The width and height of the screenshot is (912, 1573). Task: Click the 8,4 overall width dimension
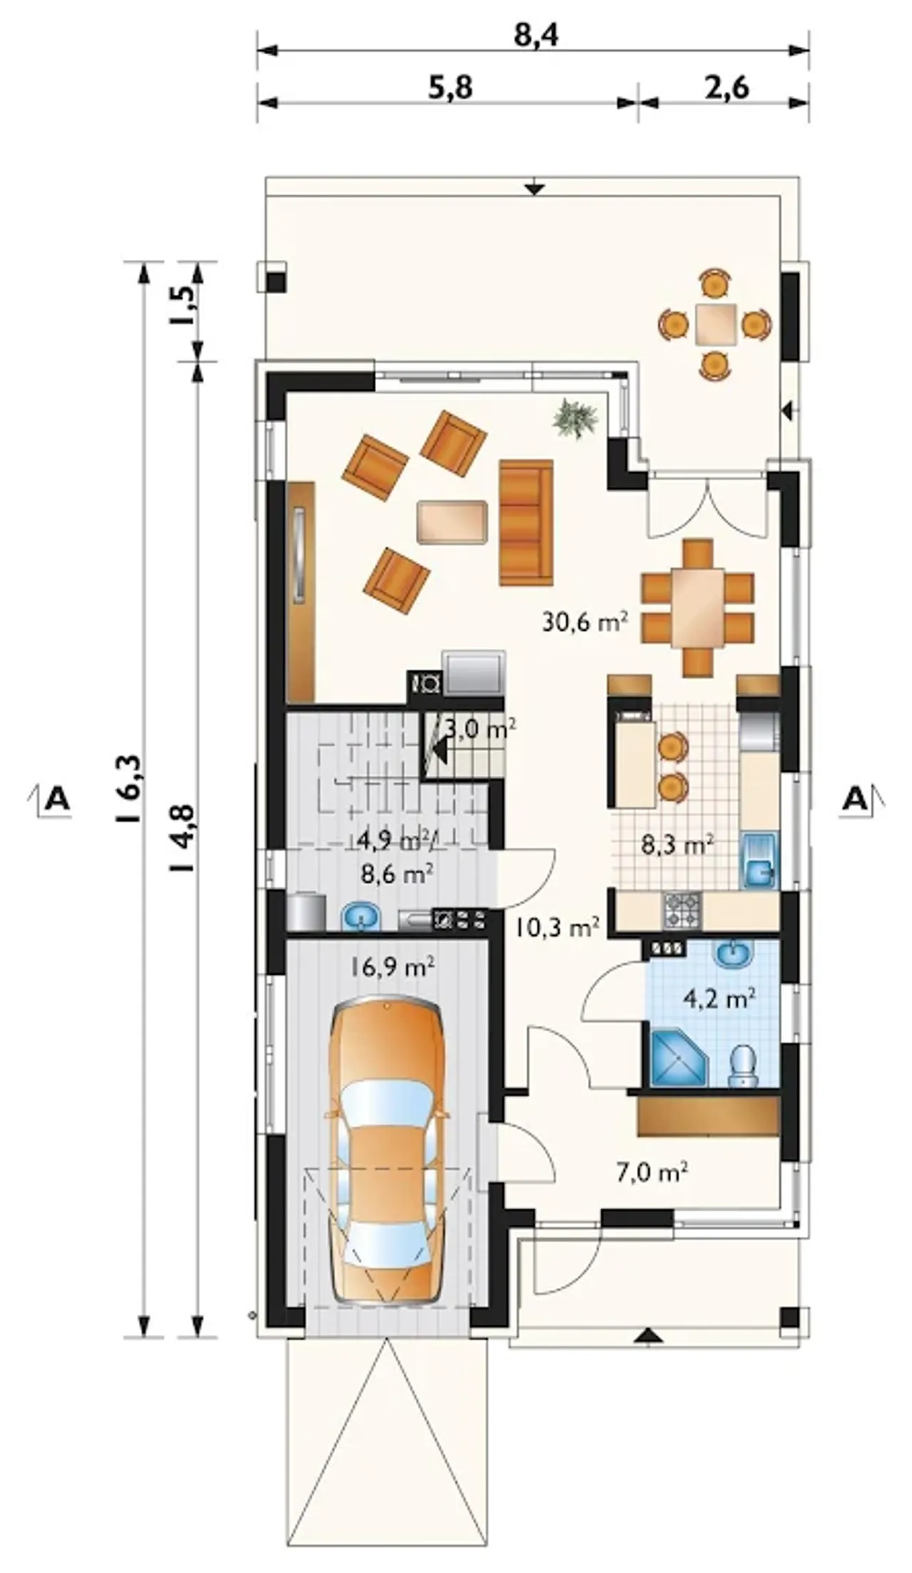pyautogui.click(x=536, y=33)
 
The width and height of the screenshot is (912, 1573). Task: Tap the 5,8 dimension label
pyautogui.click(x=450, y=88)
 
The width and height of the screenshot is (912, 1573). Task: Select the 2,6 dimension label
pyautogui.click(x=727, y=88)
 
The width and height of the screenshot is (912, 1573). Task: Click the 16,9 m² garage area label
pyautogui.click(x=393, y=966)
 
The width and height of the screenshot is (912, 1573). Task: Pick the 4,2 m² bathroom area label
pyautogui.click(x=720, y=998)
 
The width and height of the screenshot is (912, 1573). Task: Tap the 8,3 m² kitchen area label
pyautogui.click(x=678, y=845)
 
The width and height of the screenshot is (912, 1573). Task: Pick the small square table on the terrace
pyautogui.click(x=716, y=324)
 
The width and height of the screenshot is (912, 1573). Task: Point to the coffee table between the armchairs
pyautogui.click(x=452, y=522)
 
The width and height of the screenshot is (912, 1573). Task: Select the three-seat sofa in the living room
pyautogui.click(x=526, y=522)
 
